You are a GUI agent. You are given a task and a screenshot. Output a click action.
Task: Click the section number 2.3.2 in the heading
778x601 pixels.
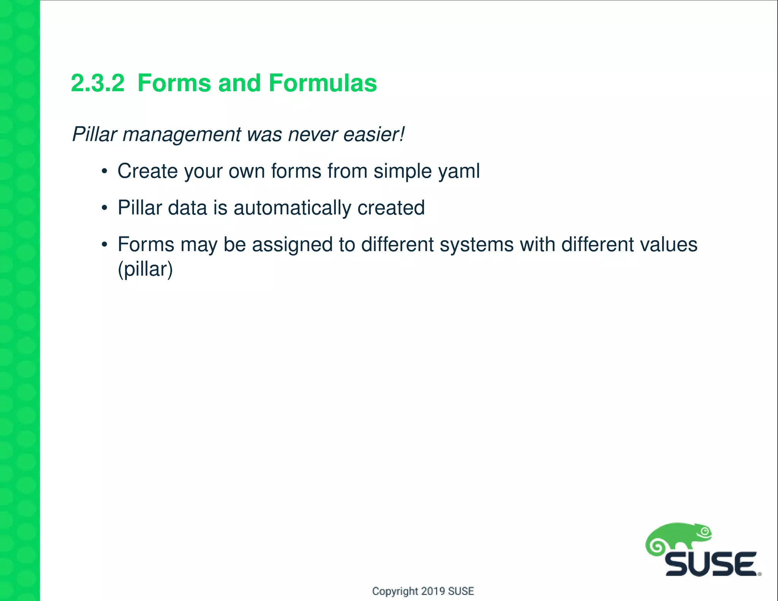tap(98, 83)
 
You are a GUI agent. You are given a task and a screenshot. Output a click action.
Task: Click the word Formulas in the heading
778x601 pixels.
tap(323, 83)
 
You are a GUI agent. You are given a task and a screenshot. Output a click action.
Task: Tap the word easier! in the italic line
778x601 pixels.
tap(374, 134)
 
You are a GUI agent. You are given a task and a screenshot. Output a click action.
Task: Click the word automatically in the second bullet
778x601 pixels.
tap(292, 208)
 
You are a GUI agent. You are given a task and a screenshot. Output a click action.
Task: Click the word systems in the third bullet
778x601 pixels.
tap(476, 244)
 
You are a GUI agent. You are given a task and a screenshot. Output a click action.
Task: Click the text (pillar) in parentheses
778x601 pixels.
tap(145, 269)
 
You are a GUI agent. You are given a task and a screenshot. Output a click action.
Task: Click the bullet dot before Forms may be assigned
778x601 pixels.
tap(104, 245)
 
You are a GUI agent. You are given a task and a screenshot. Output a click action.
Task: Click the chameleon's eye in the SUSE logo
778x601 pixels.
tap(705, 531)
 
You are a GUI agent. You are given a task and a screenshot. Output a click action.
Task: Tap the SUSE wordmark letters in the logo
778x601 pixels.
tap(711, 565)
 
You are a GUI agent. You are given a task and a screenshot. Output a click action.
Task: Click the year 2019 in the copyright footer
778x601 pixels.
tap(433, 591)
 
